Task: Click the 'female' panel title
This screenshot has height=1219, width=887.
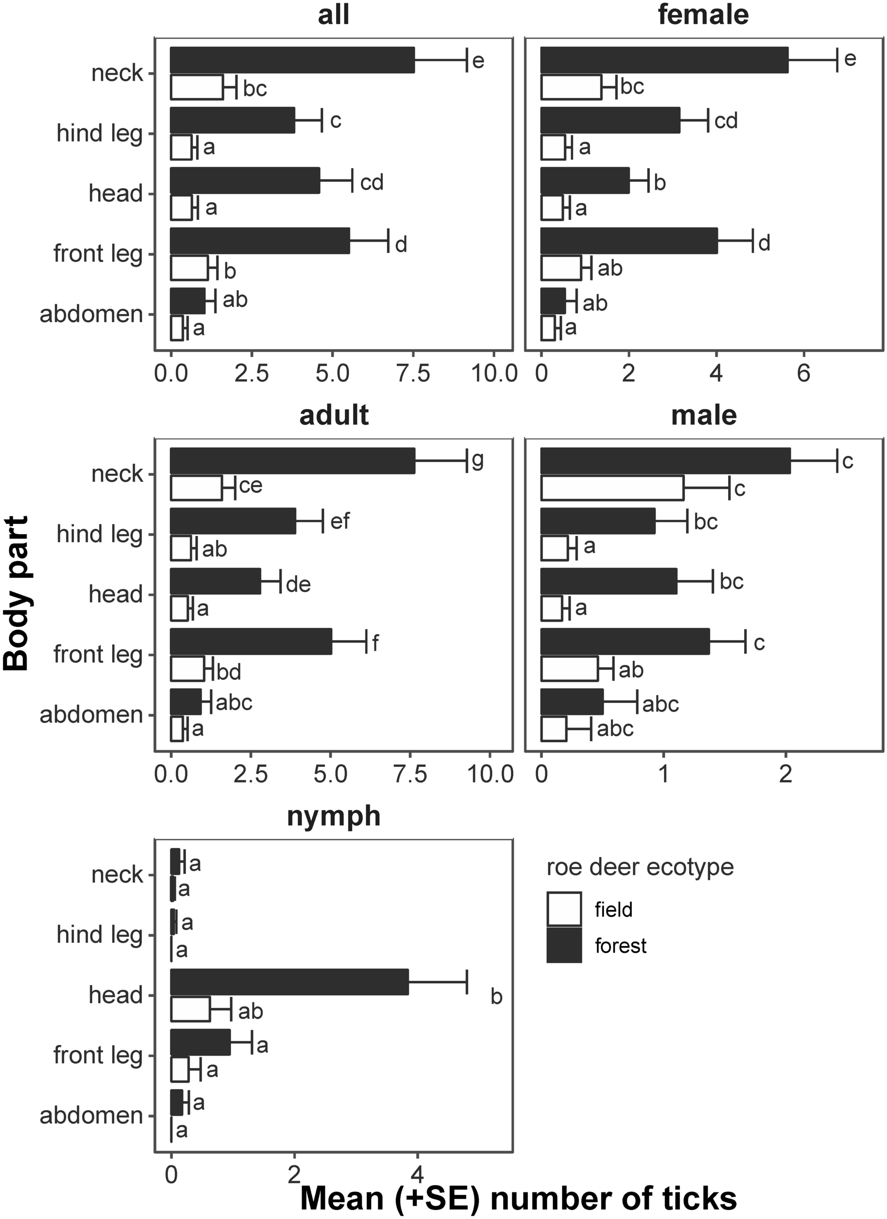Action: (703, 15)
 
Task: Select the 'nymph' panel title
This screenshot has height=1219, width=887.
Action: (333, 816)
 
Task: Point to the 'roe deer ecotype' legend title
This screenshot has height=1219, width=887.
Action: (639, 867)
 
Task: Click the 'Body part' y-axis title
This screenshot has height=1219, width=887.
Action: (16, 593)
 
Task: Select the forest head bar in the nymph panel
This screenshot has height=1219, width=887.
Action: (289, 982)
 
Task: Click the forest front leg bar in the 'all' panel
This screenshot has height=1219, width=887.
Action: (260, 240)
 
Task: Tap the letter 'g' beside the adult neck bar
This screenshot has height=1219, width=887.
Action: (477, 460)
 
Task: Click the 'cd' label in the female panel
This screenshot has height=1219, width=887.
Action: (726, 120)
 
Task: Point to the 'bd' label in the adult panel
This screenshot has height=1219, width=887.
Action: (229, 672)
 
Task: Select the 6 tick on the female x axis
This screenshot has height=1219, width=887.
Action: (803, 373)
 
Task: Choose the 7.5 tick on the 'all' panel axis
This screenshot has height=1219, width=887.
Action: (412, 373)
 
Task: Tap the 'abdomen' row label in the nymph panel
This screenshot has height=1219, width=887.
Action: (91, 1116)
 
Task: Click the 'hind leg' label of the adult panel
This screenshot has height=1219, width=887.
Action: (99, 534)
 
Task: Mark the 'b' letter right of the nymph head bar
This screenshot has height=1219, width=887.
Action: (496, 997)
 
